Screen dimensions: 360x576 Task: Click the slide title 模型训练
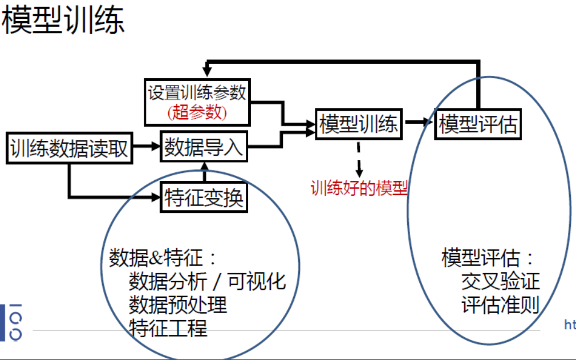pos(63,21)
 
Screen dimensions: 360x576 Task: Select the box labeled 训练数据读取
pos(69,149)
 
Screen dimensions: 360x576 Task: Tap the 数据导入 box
pos(204,148)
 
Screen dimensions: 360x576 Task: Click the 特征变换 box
pos(204,197)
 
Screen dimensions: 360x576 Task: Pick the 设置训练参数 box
pos(197,93)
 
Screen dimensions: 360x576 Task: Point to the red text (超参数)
pos(197,112)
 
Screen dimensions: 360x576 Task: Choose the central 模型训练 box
pos(359,124)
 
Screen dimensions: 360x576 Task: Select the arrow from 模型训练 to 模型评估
pos(419,122)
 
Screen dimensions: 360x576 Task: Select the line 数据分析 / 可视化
pos(206,281)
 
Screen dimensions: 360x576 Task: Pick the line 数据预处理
pos(177,305)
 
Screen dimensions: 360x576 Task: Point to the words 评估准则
pos(500,305)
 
